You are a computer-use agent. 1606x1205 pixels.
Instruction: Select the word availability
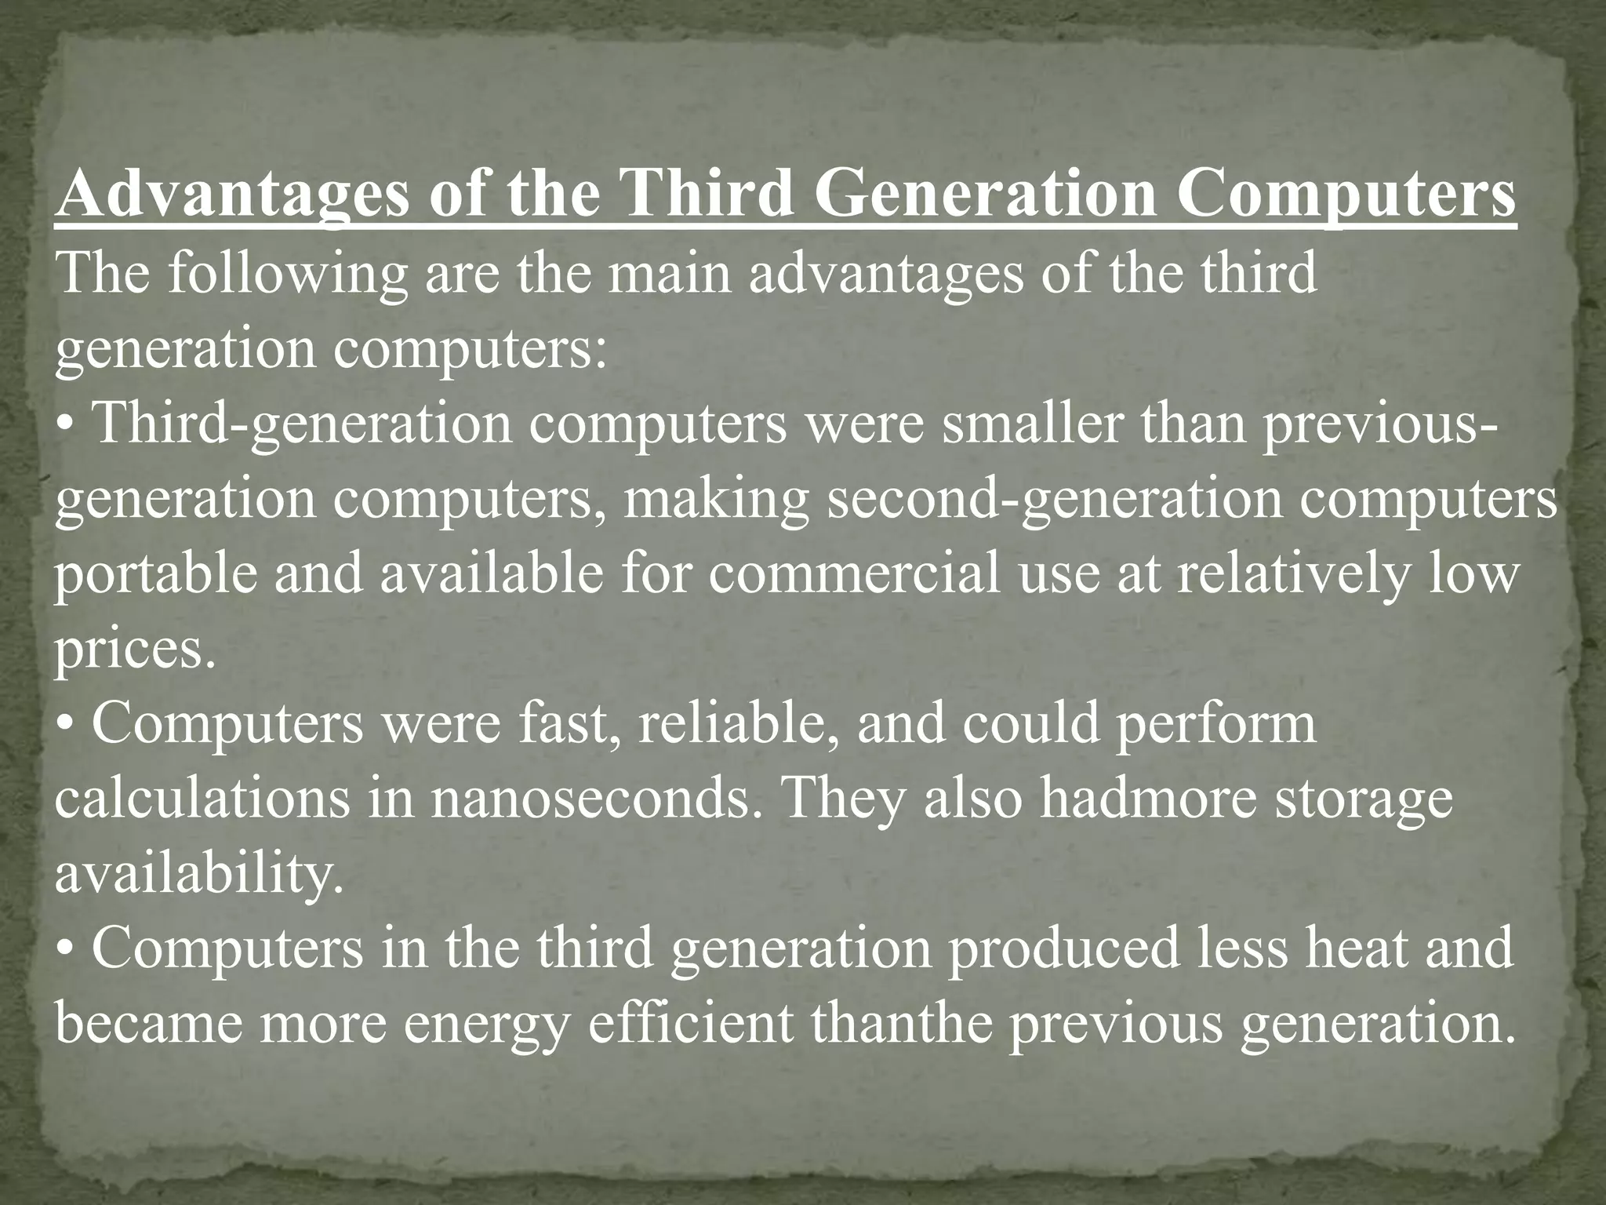click(199, 876)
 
